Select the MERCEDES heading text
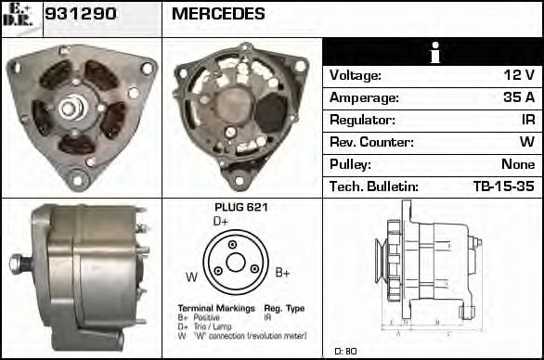(x=218, y=15)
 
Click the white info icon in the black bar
(x=433, y=53)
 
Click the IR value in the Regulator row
(x=525, y=121)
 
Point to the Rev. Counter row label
(x=370, y=143)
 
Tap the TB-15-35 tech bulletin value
(x=503, y=187)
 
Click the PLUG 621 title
(x=240, y=208)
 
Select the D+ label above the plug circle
(x=221, y=222)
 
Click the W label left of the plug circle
(x=191, y=276)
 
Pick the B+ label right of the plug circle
(x=283, y=272)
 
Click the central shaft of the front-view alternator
(x=70, y=109)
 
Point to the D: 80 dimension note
(x=345, y=351)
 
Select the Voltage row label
(x=356, y=76)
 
